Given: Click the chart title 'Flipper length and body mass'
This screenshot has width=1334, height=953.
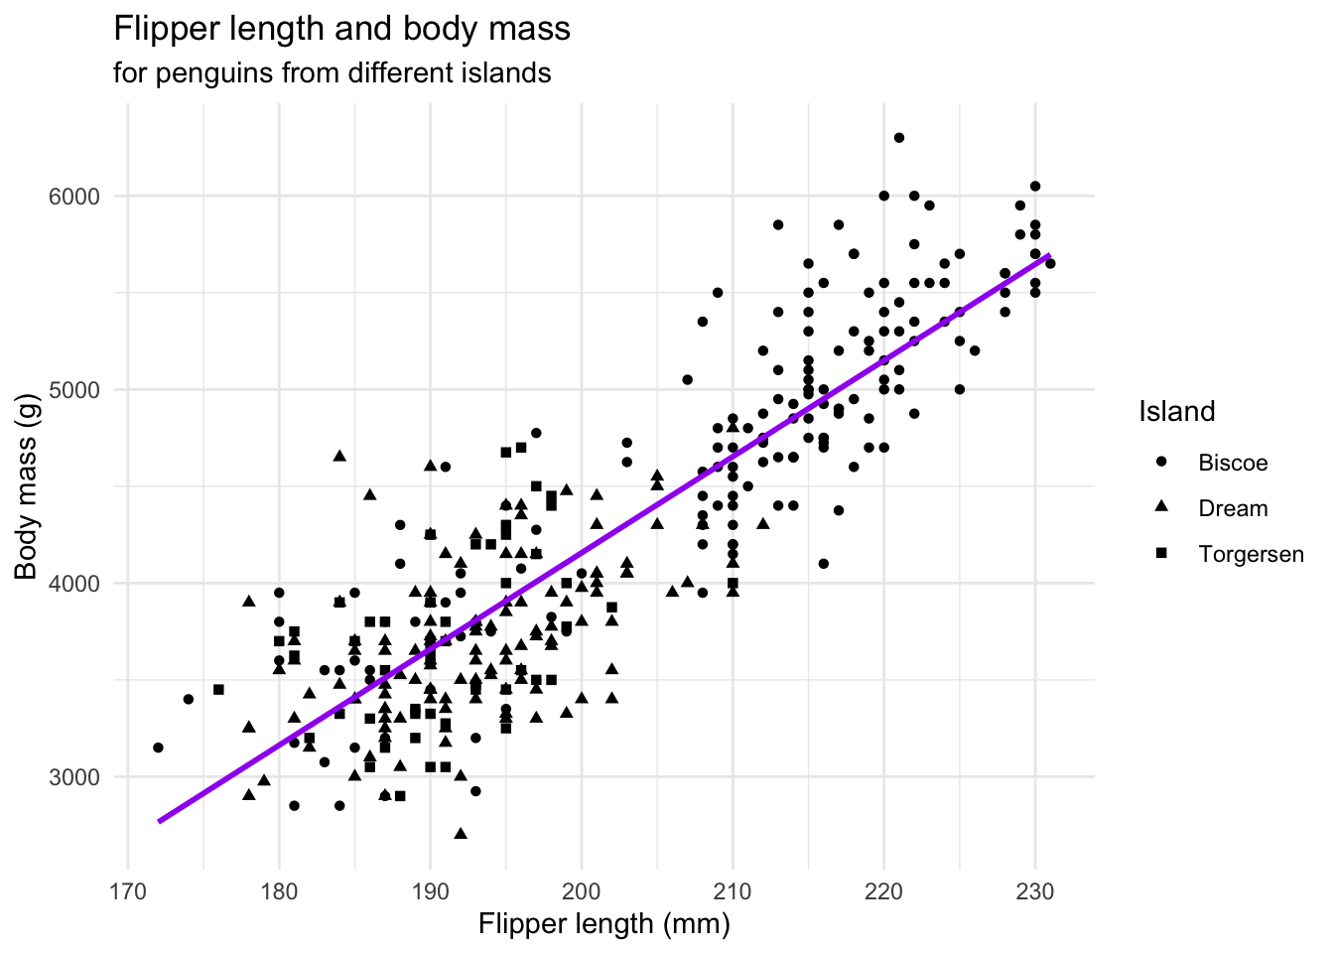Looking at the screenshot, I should (x=342, y=29).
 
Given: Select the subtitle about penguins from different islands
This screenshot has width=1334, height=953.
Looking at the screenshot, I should (x=332, y=73).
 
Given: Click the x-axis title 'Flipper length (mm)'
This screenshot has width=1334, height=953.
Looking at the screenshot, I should (x=603, y=924).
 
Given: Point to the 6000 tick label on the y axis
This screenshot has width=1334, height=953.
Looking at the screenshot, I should (x=74, y=197).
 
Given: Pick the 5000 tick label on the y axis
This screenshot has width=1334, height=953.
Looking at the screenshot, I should (x=74, y=390).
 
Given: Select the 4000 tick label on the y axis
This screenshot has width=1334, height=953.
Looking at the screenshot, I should (x=74, y=584).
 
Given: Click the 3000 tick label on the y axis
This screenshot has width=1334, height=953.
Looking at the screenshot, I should (x=74, y=777).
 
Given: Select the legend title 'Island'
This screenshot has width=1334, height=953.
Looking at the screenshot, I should (x=1177, y=411).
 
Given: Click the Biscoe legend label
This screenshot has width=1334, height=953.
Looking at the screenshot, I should (x=1233, y=463).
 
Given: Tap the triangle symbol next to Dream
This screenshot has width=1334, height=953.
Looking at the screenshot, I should (x=1161, y=507).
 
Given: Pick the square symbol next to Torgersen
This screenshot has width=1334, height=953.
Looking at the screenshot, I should (x=1161, y=553).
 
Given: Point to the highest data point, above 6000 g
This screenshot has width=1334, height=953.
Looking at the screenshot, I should (x=899, y=138).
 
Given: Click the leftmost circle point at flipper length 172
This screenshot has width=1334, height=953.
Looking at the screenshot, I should (x=158, y=748).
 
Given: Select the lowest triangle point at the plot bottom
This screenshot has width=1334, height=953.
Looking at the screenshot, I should (x=461, y=833).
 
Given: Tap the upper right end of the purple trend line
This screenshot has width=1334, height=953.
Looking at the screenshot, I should (x=1048, y=256).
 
